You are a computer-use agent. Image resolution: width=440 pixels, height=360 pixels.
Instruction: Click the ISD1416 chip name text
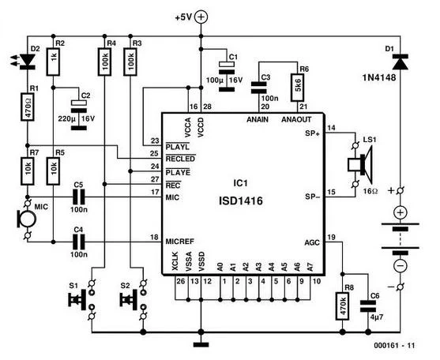(241, 201)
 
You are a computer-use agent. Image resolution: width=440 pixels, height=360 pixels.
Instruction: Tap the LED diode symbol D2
(27, 62)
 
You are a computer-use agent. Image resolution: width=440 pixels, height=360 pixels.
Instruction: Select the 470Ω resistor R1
(28, 107)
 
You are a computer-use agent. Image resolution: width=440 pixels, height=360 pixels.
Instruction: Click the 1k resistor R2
(53, 62)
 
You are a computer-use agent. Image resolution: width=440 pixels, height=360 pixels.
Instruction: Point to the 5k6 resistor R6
(298, 88)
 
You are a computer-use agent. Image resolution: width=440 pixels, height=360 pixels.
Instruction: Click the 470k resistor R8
(342, 306)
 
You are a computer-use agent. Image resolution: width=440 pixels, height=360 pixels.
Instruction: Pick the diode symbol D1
(401, 62)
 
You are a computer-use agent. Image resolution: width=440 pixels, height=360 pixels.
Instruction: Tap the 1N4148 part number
(379, 77)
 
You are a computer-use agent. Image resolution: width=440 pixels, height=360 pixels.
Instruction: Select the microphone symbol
(27, 219)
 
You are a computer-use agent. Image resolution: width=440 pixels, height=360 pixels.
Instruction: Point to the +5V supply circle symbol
(201, 17)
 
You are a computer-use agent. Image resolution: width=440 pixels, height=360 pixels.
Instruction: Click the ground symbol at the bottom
(201, 344)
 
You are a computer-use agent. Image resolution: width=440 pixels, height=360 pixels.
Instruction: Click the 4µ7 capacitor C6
(368, 306)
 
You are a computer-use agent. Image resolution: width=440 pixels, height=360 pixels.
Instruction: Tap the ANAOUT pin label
(296, 119)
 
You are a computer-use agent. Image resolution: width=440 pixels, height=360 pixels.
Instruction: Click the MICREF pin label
(180, 242)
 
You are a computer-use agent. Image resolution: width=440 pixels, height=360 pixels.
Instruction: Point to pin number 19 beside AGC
(332, 238)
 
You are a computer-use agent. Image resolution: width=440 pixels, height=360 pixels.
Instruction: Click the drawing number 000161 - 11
(394, 346)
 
